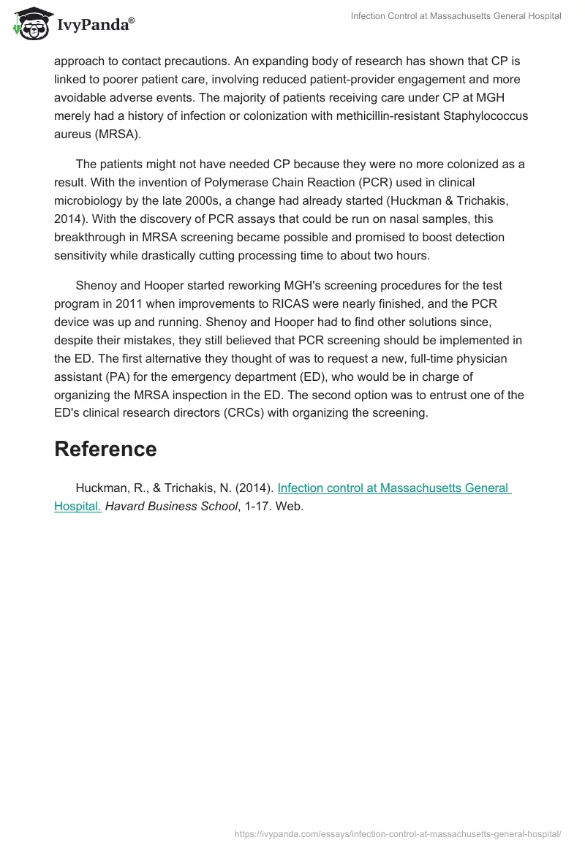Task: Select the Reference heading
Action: (105, 449)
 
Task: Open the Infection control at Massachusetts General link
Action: (394, 488)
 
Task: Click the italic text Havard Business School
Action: (172, 505)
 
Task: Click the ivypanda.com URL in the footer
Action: (397, 833)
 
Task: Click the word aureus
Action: (75, 135)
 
